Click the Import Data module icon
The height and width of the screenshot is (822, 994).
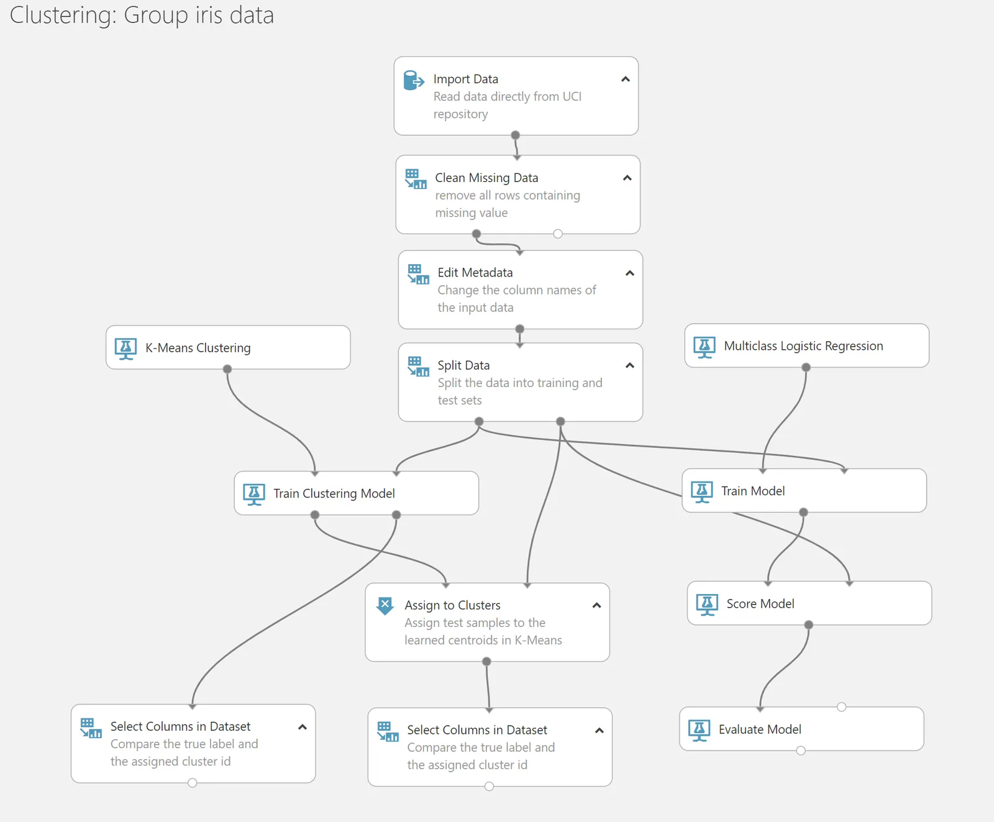point(414,80)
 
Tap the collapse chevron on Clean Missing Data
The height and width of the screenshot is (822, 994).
point(627,178)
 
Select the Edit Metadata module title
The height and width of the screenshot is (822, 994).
point(475,273)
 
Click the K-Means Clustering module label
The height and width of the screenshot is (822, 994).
point(198,348)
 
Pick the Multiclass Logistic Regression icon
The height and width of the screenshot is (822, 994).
point(704,347)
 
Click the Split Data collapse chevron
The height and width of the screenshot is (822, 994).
point(630,365)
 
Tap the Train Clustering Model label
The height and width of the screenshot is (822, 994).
point(334,493)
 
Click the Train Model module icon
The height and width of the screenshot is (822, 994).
point(702,492)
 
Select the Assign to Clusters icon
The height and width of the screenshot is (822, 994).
point(385,605)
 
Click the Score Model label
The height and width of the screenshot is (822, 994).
point(760,604)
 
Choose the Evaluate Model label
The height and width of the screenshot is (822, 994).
point(760,729)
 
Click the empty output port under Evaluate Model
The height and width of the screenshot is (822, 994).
point(801,751)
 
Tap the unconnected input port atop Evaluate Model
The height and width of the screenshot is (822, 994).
point(841,707)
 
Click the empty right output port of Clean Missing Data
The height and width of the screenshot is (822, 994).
point(558,234)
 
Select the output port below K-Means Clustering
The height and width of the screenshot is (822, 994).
point(227,369)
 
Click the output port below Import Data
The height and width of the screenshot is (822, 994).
point(515,135)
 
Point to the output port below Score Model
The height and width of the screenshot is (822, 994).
point(808,625)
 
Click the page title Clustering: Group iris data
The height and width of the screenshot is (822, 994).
point(142,15)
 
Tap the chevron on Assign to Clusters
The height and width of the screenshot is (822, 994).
point(597,605)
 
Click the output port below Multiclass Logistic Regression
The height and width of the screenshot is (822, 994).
point(806,367)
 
